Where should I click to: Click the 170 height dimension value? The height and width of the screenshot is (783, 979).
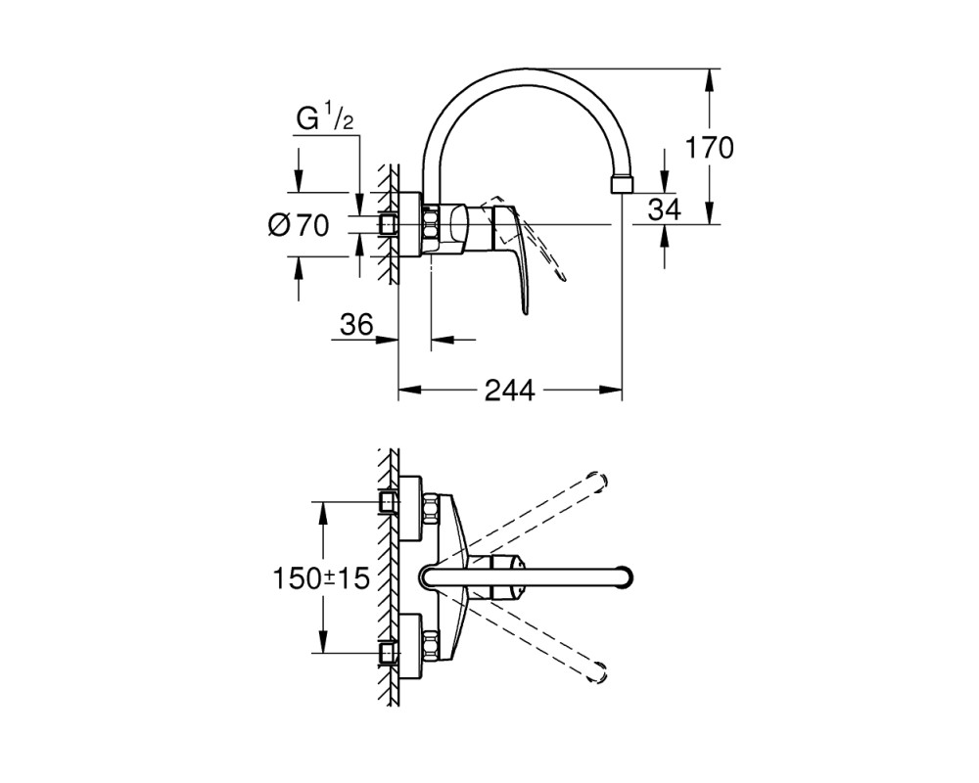(x=709, y=149)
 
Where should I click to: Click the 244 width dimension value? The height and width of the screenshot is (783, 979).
(x=510, y=391)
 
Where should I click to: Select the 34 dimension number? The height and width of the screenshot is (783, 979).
(x=665, y=209)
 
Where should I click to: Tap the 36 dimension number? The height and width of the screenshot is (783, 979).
(x=356, y=325)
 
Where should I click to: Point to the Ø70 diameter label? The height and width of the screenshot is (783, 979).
(x=299, y=225)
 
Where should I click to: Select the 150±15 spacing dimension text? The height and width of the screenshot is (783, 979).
(x=321, y=578)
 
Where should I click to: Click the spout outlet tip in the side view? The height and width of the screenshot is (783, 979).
(x=622, y=185)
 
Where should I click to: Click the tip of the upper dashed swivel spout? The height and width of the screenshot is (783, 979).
(x=599, y=480)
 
